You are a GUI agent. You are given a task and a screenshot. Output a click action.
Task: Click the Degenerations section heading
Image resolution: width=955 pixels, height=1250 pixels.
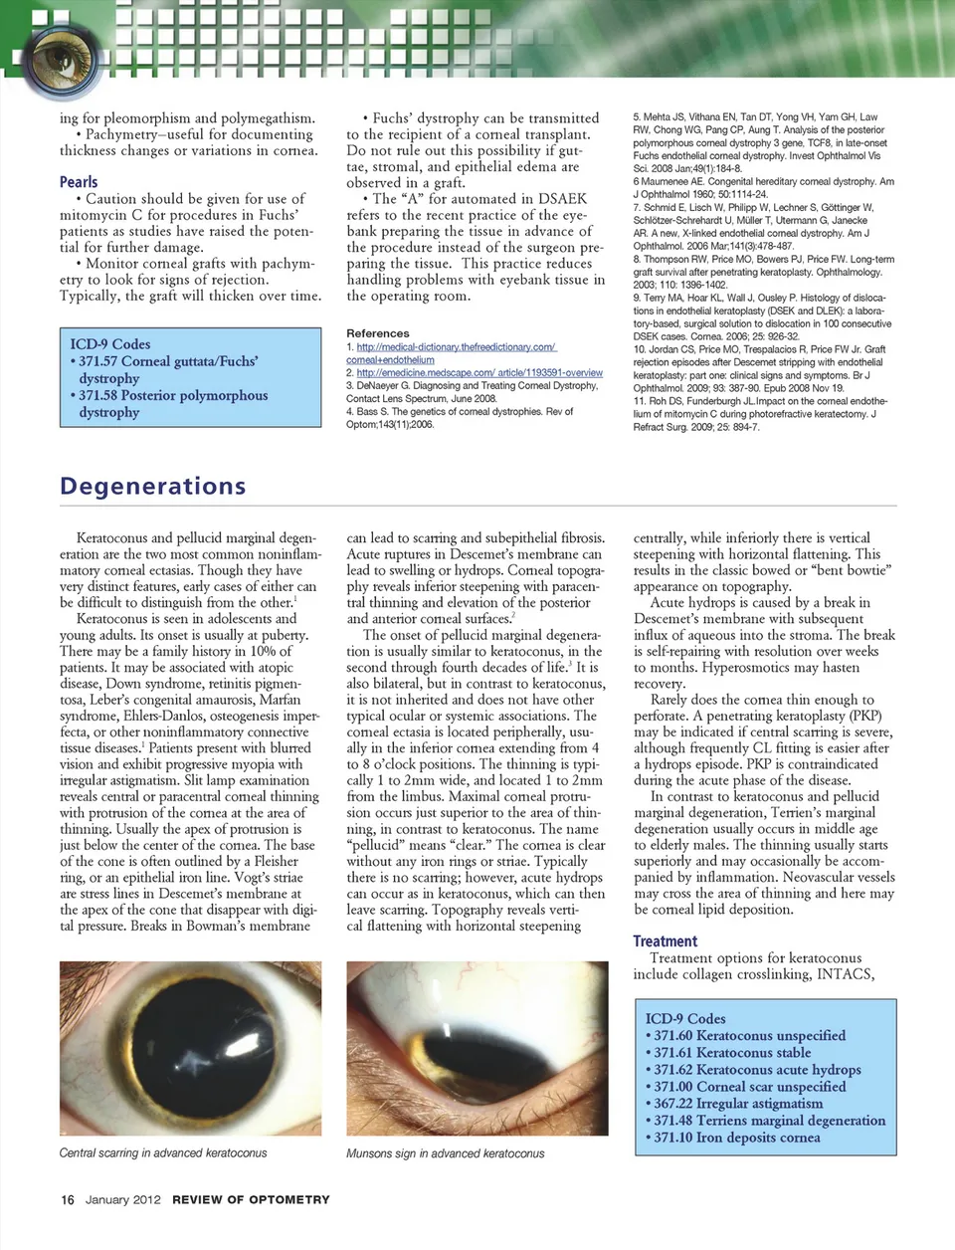pos(152,486)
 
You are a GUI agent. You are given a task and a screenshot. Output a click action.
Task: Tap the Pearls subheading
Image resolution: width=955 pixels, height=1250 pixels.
pos(79,182)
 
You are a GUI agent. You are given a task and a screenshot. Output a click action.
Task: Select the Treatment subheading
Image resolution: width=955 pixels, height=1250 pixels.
pos(666,940)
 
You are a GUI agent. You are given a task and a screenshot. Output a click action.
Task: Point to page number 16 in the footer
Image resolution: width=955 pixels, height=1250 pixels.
pos(68,1199)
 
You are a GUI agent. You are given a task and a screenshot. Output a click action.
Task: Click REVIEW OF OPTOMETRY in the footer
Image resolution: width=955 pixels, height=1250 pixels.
pos(251,1199)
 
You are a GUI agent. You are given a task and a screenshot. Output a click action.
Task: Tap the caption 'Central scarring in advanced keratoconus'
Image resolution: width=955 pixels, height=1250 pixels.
pos(163,1152)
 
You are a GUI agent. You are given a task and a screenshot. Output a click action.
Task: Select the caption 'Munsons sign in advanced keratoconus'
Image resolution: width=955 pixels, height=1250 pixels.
pos(446,1153)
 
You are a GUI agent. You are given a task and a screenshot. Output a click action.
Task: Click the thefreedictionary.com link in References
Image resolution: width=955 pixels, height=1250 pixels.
pos(456,347)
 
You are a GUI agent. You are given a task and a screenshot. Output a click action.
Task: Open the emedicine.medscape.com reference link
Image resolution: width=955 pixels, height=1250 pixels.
pos(479,372)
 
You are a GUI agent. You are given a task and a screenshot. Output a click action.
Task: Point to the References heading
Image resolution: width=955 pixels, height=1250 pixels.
pos(378,333)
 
